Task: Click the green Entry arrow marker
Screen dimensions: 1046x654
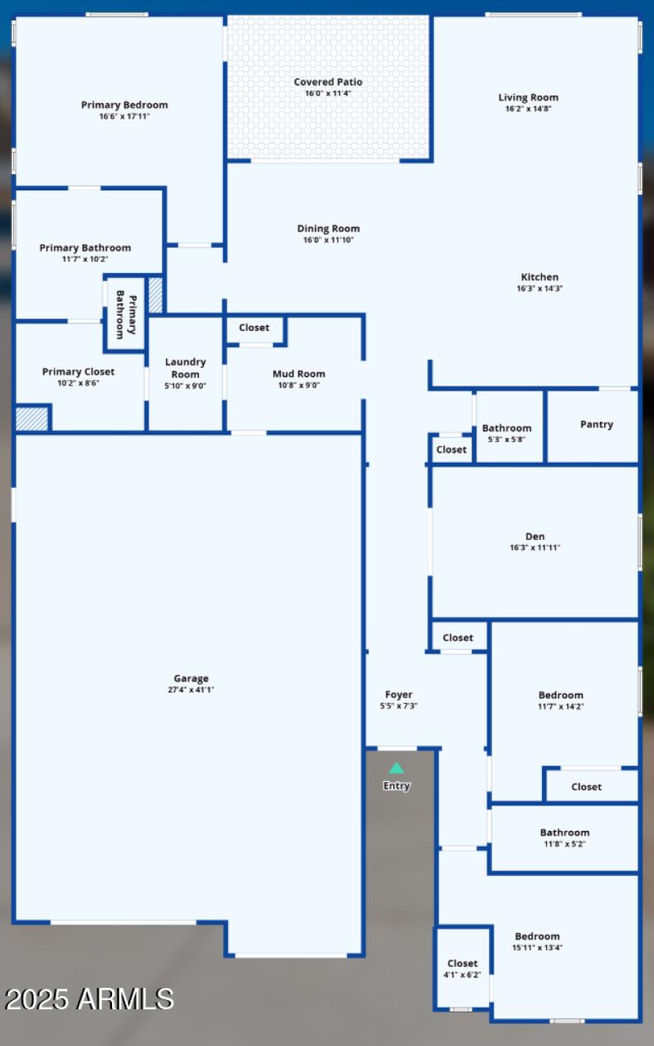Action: [396, 768]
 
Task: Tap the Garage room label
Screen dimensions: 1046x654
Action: [190, 678]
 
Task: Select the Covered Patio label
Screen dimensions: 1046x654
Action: [328, 82]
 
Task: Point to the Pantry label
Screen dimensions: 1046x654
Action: [596, 424]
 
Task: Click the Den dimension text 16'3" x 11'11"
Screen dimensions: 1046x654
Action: [535, 548]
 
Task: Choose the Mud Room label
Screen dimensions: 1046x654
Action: [298, 373]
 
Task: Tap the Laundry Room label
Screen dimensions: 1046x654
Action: [186, 368]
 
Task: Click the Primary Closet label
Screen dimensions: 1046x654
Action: [78, 372]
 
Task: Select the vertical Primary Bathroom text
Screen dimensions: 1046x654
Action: [125, 314]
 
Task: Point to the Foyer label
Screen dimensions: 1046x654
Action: [399, 695]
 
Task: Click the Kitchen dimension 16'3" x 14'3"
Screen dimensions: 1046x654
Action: [540, 288]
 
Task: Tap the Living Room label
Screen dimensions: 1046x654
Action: [528, 97]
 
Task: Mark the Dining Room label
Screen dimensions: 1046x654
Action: [328, 229]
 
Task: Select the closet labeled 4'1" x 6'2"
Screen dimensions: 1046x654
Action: [462, 969]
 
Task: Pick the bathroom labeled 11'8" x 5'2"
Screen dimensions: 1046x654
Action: [564, 838]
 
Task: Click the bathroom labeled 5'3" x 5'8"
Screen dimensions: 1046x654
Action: [506, 433]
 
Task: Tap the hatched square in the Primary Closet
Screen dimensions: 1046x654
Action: [33, 418]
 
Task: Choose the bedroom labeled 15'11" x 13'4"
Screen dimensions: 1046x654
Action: [537, 941]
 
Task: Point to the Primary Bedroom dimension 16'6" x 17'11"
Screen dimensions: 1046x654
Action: [124, 117]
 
